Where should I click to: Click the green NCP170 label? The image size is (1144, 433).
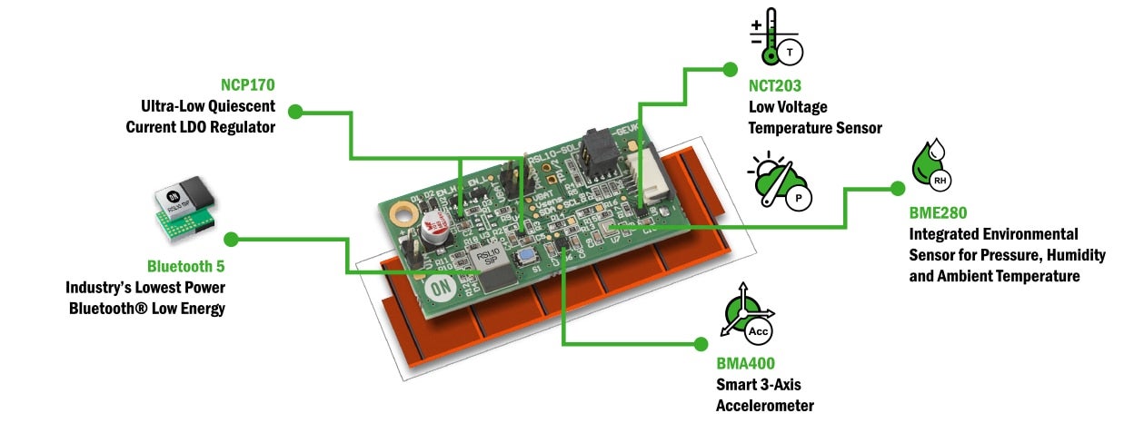tap(248, 85)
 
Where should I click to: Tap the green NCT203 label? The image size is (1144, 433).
tap(775, 87)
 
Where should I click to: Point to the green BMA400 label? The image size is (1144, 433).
tap(745, 364)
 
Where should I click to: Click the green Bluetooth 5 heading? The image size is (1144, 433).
tap(185, 267)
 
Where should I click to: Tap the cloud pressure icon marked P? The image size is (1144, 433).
tap(779, 179)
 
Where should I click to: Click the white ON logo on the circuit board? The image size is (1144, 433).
tap(442, 294)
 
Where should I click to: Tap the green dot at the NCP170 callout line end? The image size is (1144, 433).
tap(294, 112)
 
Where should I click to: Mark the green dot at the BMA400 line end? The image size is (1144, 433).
tap(700, 343)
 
